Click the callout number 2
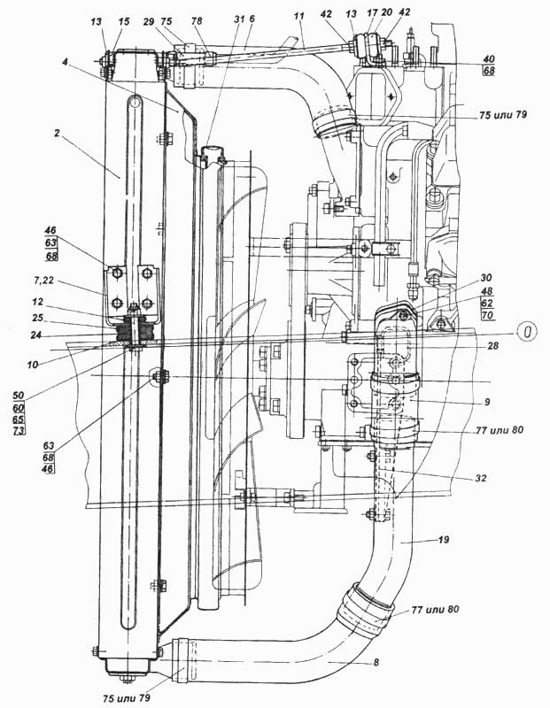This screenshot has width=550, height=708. click(x=57, y=134)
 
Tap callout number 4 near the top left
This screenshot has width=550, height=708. click(x=66, y=62)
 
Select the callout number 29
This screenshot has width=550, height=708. click(x=149, y=21)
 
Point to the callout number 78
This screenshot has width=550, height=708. click(x=197, y=21)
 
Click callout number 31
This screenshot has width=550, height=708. click(x=239, y=19)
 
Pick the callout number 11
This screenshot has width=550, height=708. click(x=298, y=16)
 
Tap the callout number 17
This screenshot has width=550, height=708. click(x=372, y=13)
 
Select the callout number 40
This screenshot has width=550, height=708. click(x=489, y=59)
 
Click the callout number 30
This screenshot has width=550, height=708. click(x=486, y=278)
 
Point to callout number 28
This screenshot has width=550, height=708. click(x=492, y=346)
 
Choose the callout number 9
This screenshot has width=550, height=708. click(x=486, y=402)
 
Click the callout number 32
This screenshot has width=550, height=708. click(x=481, y=477)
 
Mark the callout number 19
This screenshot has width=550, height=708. click(x=444, y=539)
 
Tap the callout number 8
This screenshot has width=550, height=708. click(x=376, y=662)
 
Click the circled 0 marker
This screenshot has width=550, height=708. click(x=527, y=332)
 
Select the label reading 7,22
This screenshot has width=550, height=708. click(x=44, y=281)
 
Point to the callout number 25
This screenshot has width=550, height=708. click(x=37, y=318)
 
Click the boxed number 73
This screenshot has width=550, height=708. click(x=19, y=429)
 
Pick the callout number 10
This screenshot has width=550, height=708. click(x=32, y=365)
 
